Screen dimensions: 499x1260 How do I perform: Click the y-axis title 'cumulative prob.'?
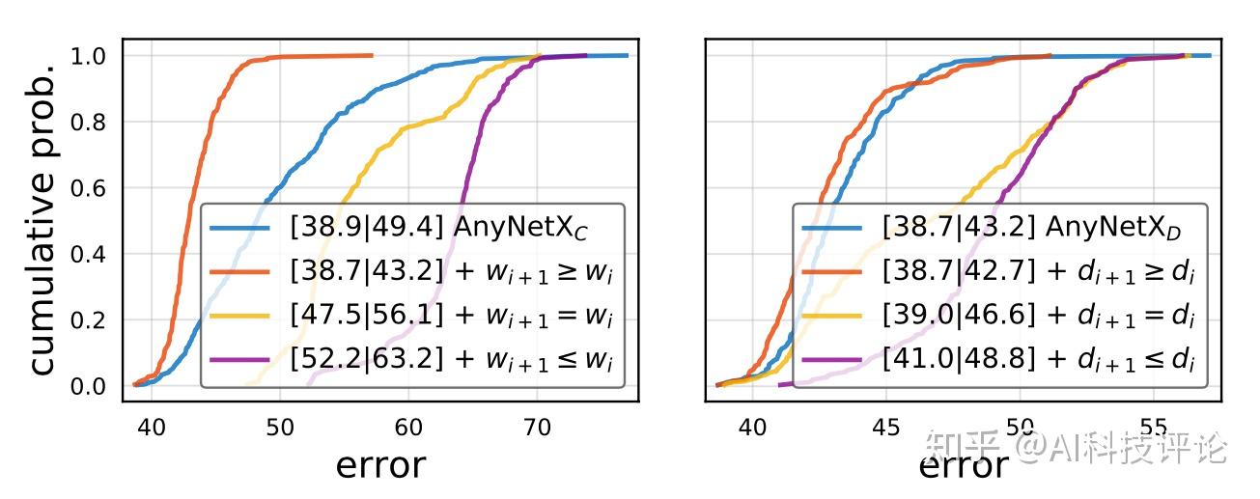coord(44,220)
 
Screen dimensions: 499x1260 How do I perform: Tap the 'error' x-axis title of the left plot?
coord(379,465)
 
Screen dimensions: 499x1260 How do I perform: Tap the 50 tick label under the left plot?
coord(279,425)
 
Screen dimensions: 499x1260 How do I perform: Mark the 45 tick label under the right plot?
coord(885,425)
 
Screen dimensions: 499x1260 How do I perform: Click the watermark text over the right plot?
coord(1076,448)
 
